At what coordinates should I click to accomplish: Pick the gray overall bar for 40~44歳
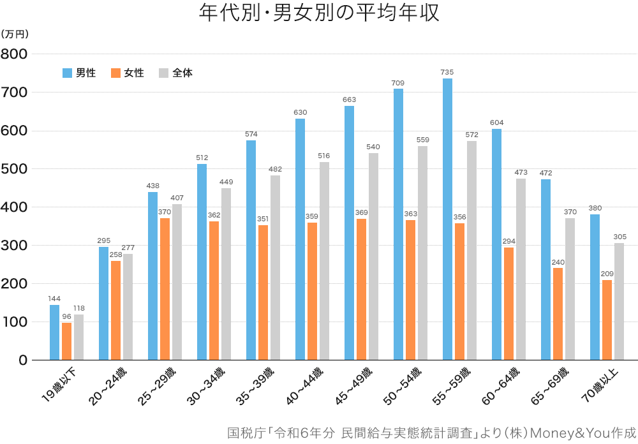(324, 261)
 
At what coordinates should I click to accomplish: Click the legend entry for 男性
(79, 73)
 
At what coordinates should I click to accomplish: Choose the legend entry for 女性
(127, 73)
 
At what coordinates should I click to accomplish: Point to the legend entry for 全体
(175, 73)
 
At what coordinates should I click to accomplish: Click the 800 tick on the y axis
(13, 54)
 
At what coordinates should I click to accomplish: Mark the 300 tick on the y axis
(13, 246)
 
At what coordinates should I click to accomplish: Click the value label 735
(447, 72)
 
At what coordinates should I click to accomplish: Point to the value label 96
(66, 316)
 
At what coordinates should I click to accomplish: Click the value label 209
(607, 273)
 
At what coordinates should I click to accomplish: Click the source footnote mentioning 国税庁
(431, 432)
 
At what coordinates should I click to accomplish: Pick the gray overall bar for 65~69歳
(570, 289)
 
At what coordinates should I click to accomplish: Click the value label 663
(349, 100)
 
